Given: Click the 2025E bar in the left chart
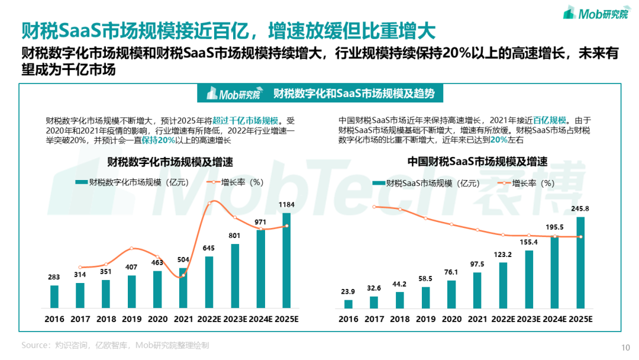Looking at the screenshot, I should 286,261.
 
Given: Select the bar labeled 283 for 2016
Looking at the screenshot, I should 54,297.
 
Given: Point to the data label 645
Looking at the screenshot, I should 209,249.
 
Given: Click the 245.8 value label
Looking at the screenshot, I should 580,209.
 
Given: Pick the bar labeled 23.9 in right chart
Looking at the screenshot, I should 348,304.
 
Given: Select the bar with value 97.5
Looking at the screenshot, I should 477,290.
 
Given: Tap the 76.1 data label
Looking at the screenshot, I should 451,272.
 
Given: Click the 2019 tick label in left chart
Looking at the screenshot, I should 132,319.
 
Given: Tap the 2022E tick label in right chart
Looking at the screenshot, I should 503,319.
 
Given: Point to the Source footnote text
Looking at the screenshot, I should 115,345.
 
